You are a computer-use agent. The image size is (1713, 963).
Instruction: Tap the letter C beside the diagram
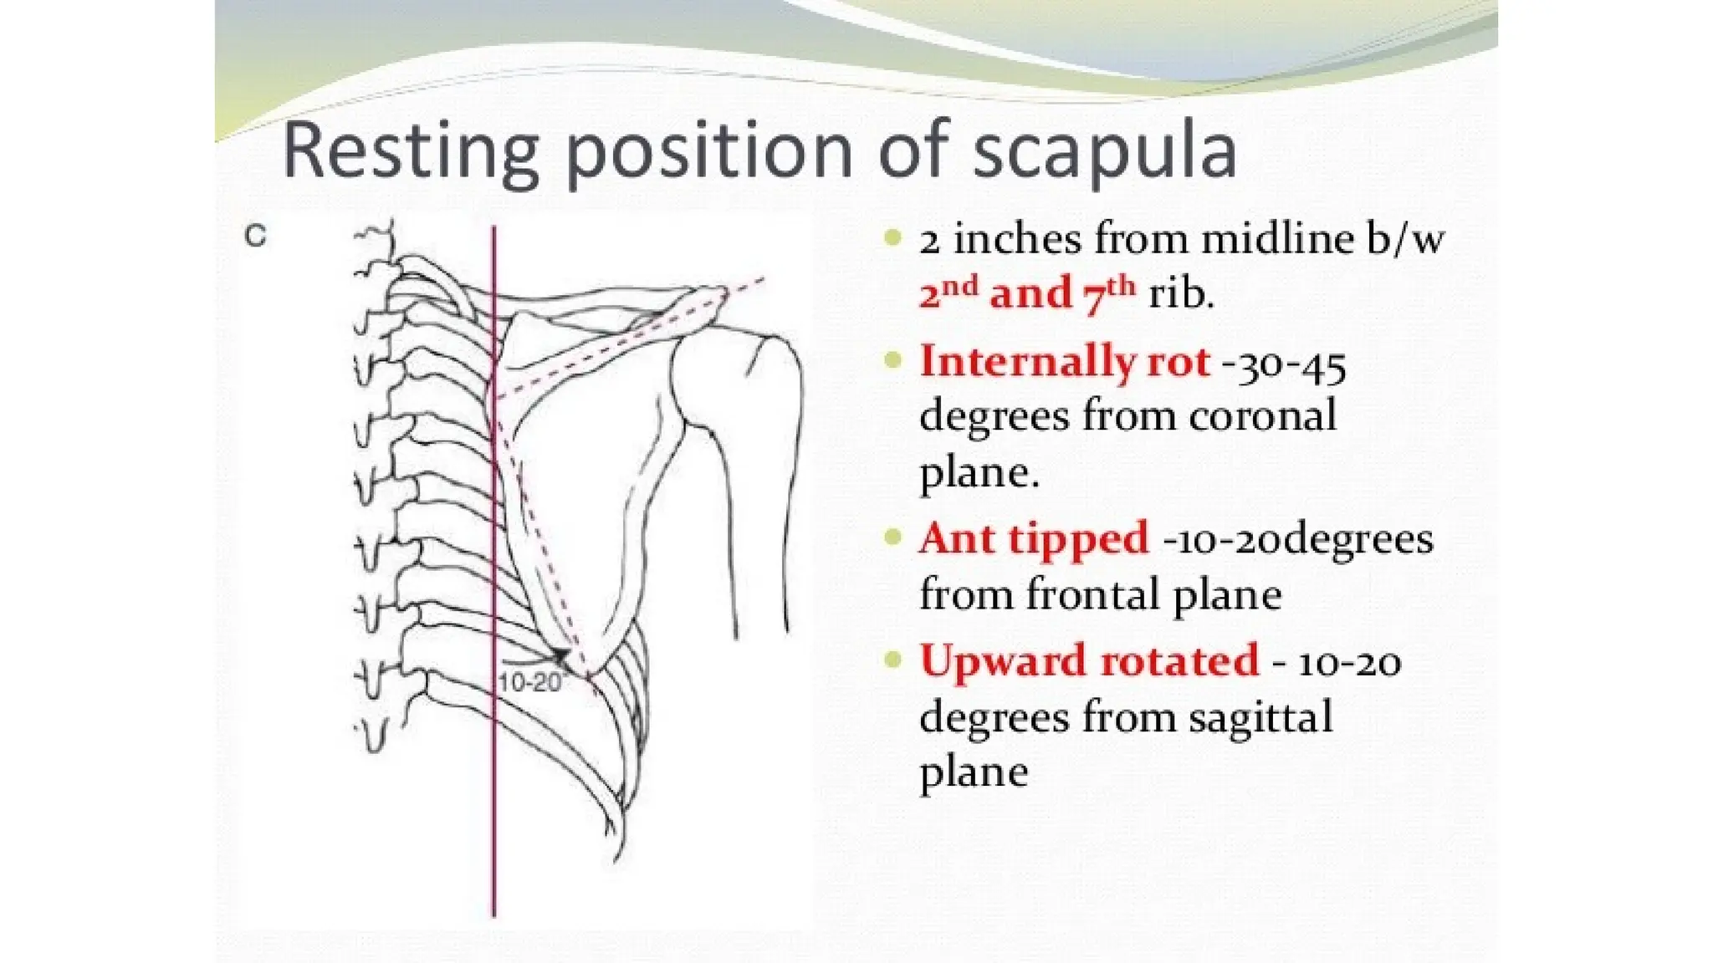tap(255, 237)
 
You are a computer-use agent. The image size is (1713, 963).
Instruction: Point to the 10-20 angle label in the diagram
tap(529, 683)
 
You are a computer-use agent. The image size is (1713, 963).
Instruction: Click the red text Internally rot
tap(1064, 362)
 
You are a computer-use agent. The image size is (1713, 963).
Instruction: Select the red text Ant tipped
tap(1034, 538)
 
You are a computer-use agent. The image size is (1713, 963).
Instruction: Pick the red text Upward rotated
tap(1088, 660)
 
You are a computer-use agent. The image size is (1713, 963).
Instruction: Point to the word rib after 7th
tap(1180, 294)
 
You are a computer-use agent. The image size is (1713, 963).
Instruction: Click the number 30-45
tap(1289, 364)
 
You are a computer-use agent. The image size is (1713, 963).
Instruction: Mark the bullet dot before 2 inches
tap(893, 239)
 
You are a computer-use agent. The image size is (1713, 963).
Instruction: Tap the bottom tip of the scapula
tap(588, 674)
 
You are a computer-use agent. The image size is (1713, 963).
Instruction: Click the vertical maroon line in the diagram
tap(494, 794)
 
